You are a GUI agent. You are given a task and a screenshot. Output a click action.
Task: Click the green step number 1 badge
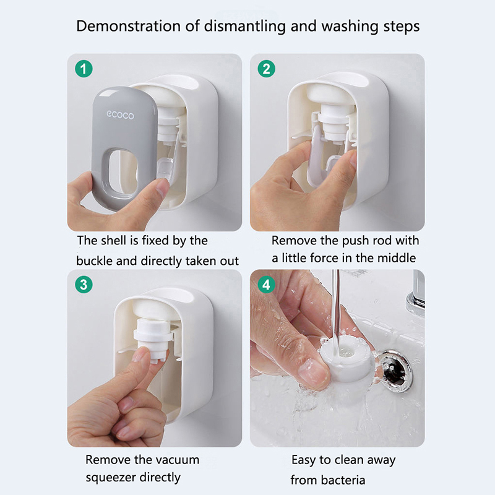(84, 69)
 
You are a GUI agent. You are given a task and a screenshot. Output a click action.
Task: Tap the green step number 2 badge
(267, 69)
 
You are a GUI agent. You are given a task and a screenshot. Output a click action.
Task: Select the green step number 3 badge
(84, 285)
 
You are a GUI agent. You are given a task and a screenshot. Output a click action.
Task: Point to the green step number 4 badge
(267, 285)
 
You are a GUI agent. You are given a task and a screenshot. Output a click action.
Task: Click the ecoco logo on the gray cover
(120, 115)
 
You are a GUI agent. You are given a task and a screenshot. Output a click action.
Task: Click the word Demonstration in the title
(129, 26)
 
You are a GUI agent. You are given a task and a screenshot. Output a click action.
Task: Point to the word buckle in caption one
(94, 261)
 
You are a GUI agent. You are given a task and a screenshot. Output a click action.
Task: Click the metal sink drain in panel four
(395, 371)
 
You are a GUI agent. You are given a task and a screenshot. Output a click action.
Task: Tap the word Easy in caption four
(304, 460)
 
